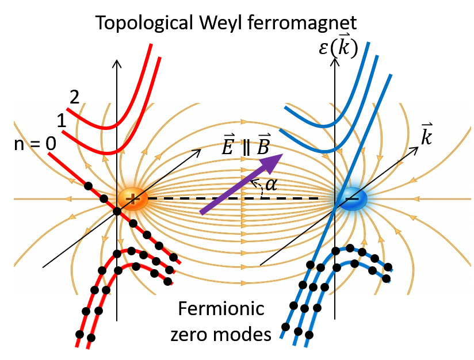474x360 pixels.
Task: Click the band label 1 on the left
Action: [x=61, y=121]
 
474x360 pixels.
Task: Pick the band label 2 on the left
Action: [x=73, y=97]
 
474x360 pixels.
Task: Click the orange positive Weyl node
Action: [x=132, y=199]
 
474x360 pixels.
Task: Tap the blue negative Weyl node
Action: [x=350, y=198]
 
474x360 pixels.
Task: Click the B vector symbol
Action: [x=263, y=147]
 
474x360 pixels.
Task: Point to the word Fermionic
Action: [x=220, y=309]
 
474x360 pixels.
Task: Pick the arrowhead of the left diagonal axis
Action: [x=197, y=151]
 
